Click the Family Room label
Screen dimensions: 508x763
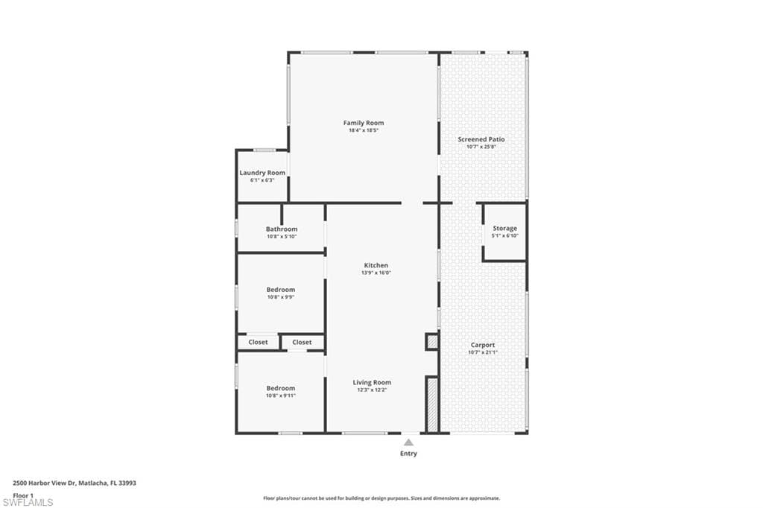pyautogui.click(x=364, y=123)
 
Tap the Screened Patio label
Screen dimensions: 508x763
pyautogui.click(x=481, y=139)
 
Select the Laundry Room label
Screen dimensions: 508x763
pyautogui.click(x=262, y=173)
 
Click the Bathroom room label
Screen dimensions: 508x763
pyautogui.click(x=282, y=229)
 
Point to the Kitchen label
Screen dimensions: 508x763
pyautogui.click(x=376, y=265)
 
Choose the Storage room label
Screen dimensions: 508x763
pyautogui.click(x=504, y=229)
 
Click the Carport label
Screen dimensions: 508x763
pyautogui.click(x=482, y=345)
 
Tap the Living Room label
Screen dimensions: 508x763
pyautogui.click(x=372, y=383)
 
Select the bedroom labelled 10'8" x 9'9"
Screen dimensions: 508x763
pyautogui.click(x=281, y=290)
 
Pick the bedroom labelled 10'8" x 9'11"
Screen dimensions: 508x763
pyautogui.click(x=281, y=388)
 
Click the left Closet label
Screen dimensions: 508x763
pyautogui.click(x=258, y=343)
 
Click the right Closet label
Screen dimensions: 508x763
pyautogui.click(x=302, y=343)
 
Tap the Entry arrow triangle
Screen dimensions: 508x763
pyautogui.click(x=408, y=442)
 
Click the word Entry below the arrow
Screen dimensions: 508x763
pyautogui.click(x=408, y=454)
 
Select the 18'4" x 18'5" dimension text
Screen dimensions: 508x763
pyautogui.click(x=364, y=131)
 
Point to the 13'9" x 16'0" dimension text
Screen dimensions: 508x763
pyautogui.click(x=376, y=273)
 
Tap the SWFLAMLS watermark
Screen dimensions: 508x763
pyautogui.click(x=28, y=502)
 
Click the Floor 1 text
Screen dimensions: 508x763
pyautogui.click(x=23, y=495)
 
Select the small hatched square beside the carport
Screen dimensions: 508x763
pyautogui.click(x=431, y=342)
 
